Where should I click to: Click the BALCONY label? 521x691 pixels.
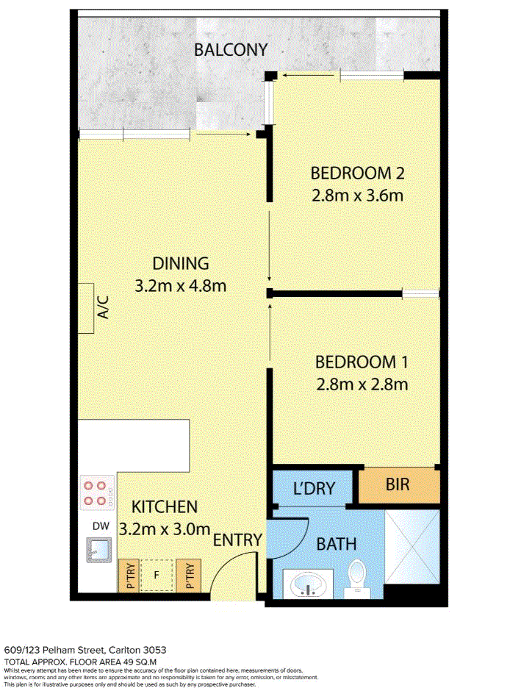[x=230, y=50]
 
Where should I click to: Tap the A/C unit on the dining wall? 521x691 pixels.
[x=86, y=308]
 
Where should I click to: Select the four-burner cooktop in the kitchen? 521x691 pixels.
[x=98, y=493]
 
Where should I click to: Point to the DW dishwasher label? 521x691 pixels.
[x=101, y=526]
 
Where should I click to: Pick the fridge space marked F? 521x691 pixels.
[x=157, y=576]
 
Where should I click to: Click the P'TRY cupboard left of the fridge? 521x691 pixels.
[x=129, y=576]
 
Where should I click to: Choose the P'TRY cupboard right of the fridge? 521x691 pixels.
[x=189, y=576]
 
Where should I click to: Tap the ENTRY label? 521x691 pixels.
[x=237, y=540]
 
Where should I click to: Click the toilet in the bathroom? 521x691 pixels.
[x=356, y=579]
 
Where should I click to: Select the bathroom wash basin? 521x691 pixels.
[x=308, y=584]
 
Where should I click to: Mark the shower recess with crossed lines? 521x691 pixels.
[x=413, y=547]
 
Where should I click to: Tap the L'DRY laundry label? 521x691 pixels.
[x=314, y=488]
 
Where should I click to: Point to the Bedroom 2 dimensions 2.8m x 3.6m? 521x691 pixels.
[x=357, y=196]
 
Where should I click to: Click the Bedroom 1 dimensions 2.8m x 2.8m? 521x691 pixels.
[x=362, y=384]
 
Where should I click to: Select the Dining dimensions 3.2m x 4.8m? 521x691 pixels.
[x=181, y=286]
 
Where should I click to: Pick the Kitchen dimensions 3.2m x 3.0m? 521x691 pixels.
[x=165, y=529]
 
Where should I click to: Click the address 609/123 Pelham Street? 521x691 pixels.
[x=54, y=650]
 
